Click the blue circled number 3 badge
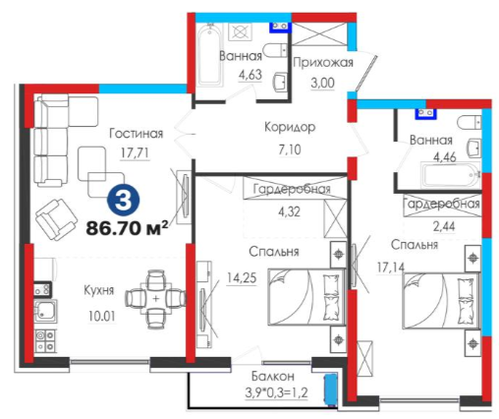124,201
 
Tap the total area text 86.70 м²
128,228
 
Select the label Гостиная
136,134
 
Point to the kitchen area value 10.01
102,317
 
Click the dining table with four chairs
156,299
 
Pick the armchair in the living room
56,219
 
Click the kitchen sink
45,311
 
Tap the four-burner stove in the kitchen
45,340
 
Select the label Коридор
290,127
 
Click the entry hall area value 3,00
322,83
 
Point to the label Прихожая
323,62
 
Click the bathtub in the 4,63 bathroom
210,54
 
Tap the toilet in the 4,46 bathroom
470,123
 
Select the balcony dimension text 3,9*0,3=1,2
276,392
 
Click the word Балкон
273,376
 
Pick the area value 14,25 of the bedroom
242,278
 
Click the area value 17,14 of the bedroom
391,268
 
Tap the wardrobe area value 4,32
289,211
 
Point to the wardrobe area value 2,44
444,226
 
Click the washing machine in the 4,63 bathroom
240,32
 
